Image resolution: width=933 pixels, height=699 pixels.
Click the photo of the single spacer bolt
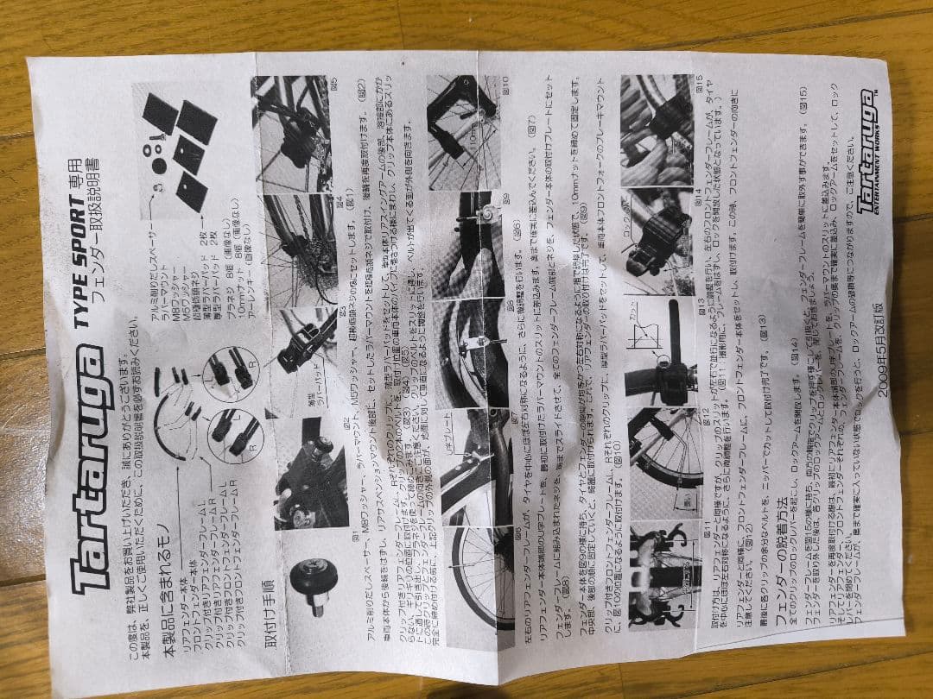pos(311,591)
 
